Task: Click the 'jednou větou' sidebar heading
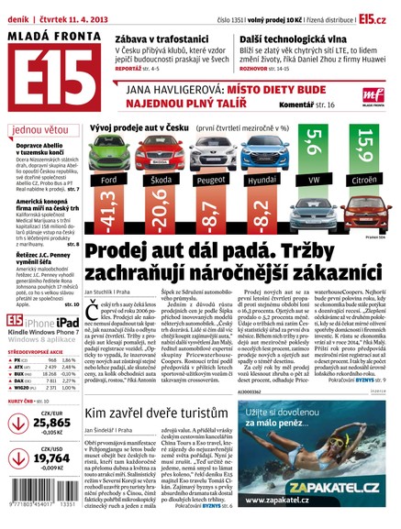[42, 129]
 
